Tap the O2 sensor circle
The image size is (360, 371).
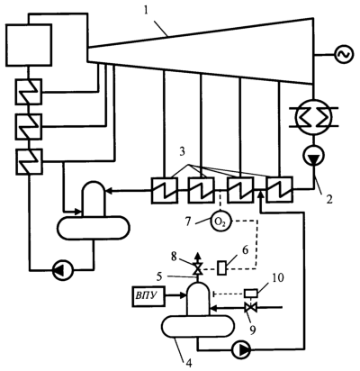point(220,222)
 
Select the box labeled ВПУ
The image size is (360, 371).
point(148,296)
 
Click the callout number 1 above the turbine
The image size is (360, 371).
point(146,11)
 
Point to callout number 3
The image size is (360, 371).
point(182,152)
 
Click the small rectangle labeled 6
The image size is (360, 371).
point(221,267)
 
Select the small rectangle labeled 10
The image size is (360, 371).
point(251,293)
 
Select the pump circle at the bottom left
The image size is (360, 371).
point(63,271)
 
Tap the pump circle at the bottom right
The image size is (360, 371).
point(242,349)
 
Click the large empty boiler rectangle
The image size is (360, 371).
point(29,45)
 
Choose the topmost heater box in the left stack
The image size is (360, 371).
point(29,92)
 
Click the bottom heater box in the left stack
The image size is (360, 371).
point(29,161)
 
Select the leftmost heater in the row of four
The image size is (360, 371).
point(165,190)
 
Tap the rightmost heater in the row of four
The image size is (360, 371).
point(280,190)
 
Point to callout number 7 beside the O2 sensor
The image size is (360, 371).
point(188,222)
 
